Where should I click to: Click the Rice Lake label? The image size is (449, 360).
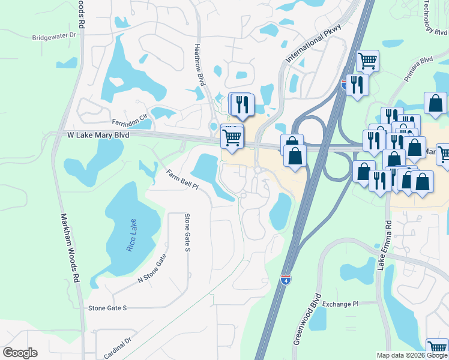(x=133, y=236)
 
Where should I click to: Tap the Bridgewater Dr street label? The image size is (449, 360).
(x=55, y=36)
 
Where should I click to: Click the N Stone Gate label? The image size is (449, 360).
(x=152, y=268)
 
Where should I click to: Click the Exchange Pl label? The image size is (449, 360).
(x=339, y=304)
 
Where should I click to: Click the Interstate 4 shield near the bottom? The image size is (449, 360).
(x=286, y=280)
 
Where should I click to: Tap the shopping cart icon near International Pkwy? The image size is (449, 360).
(x=367, y=61)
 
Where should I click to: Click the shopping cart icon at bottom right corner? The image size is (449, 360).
(x=437, y=348)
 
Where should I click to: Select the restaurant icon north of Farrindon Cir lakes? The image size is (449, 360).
(x=242, y=104)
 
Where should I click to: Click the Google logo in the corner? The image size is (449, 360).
(x=20, y=353)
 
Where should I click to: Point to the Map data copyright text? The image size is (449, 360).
(x=412, y=355)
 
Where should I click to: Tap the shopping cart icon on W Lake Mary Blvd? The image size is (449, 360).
(x=232, y=137)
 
